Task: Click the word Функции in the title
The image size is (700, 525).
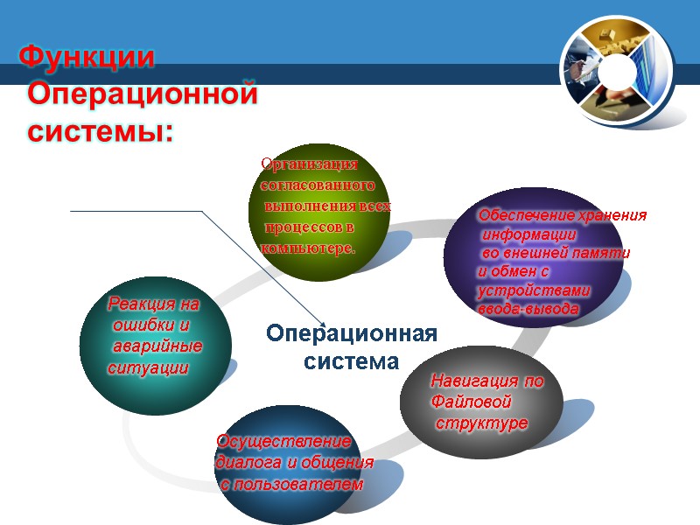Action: tap(87, 58)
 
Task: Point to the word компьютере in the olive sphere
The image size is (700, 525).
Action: tap(307, 248)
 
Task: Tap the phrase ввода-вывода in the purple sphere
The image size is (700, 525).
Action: tap(528, 309)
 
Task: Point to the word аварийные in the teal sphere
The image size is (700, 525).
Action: tap(158, 347)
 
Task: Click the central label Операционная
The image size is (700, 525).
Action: tap(351, 334)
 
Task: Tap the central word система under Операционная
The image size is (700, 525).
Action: tap(351, 360)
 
